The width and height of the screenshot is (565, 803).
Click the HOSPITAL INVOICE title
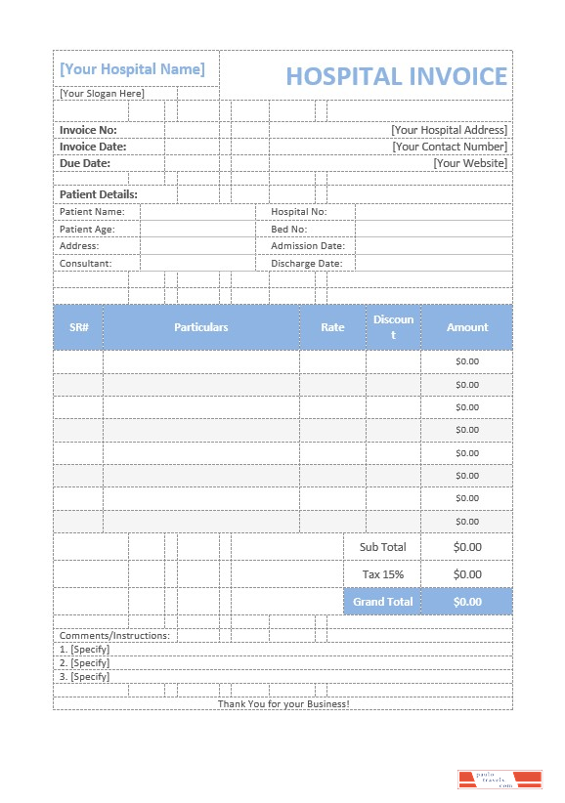tap(396, 76)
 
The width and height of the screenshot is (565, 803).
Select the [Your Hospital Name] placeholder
tap(132, 69)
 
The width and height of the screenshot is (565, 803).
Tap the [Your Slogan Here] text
tap(102, 94)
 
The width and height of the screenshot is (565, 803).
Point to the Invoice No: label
tap(88, 130)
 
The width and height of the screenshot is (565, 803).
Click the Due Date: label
tap(85, 163)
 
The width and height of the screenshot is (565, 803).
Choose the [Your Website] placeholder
tap(470, 163)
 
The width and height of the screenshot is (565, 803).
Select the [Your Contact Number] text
tap(450, 147)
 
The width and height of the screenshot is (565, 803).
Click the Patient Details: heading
tap(99, 194)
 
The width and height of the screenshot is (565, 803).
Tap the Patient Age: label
tap(87, 229)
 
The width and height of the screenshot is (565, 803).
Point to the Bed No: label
tap(288, 229)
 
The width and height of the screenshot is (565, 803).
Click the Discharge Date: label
tap(306, 264)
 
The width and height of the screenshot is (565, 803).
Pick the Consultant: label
tap(86, 264)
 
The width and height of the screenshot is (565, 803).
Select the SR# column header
tap(79, 327)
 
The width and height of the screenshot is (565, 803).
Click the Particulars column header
tap(201, 327)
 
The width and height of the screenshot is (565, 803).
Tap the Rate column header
tap(332, 327)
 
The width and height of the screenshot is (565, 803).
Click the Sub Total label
tap(382, 547)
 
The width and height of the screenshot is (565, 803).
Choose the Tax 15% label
tap(382, 574)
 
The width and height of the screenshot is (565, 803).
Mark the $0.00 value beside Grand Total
tap(467, 602)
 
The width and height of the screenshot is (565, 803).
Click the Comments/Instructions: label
tap(114, 636)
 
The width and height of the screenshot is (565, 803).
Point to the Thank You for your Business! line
tap(282, 703)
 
